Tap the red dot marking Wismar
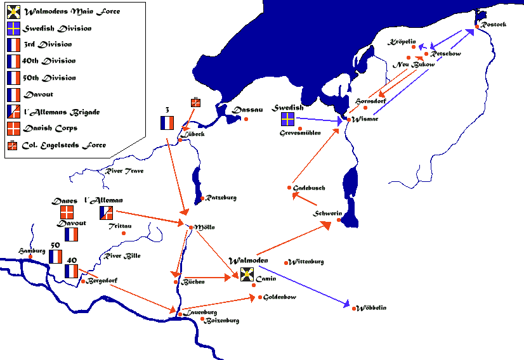tap(348, 119)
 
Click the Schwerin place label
tap(328, 214)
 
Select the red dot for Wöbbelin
tap(353, 308)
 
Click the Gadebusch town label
tap(310, 188)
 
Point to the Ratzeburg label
tap(221, 198)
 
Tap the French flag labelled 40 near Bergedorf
tap(71, 271)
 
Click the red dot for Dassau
tap(246, 119)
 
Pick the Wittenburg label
tap(308, 262)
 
